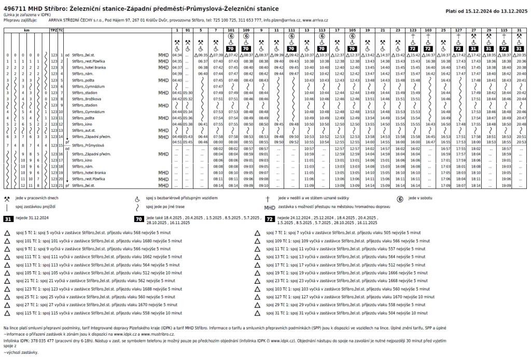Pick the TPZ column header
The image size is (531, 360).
coord(53,31)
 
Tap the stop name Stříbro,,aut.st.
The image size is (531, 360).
coord(84,131)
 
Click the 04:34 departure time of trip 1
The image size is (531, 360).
coord(176,54)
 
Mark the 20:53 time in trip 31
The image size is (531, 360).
coord(521,142)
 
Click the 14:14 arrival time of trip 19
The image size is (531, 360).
coord(369,185)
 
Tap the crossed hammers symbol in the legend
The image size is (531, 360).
coord(6,199)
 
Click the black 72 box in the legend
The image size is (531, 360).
coord(270,219)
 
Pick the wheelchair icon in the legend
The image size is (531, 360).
coord(137,199)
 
